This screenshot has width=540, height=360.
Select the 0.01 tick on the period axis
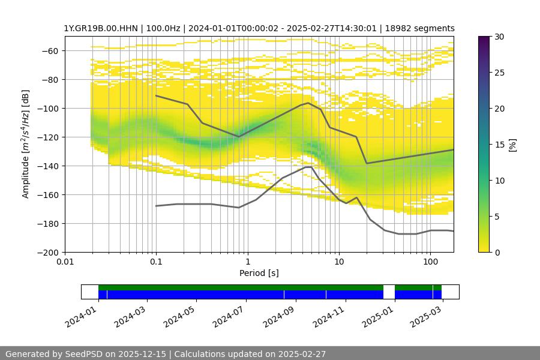point(65,262)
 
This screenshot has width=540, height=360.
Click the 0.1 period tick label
point(156,262)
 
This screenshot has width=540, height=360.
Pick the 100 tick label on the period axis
point(430,262)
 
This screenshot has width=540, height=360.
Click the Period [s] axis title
point(259,274)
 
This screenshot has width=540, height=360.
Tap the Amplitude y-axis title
point(25,144)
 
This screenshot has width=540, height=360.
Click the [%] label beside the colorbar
point(512,145)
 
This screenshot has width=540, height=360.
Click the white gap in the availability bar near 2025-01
point(389,292)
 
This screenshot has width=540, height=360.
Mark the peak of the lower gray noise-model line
point(308,166)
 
